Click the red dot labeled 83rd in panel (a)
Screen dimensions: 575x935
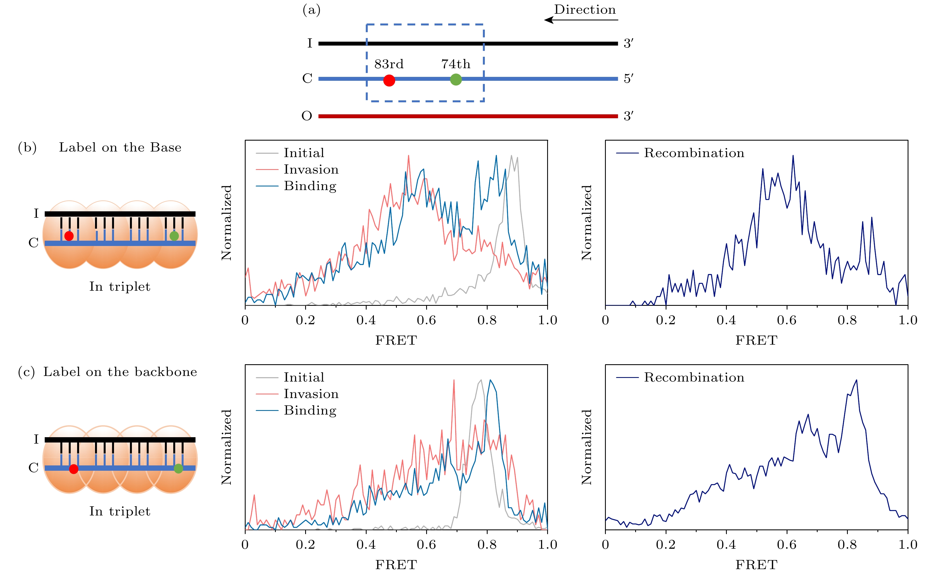pyautogui.click(x=389, y=80)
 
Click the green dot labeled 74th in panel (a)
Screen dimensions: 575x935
pyautogui.click(x=456, y=79)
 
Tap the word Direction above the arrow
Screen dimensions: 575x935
pyautogui.click(x=585, y=10)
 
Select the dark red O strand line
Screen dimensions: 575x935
pyautogui.click(x=467, y=116)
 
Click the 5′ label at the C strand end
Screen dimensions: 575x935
pyautogui.click(x=628, y=79)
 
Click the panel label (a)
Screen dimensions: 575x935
pyautogui.click(x=311, y=10)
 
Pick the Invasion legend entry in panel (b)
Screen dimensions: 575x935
pyautogui.click(x=311, y=169)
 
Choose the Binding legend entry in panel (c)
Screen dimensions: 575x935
pyautogui.click(x=310, y=410)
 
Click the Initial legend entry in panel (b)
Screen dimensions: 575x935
pyautogui.click(x=304, y=153)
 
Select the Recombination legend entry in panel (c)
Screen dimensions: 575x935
pyautogui.click(x=694, y=377)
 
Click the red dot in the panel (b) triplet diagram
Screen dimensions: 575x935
pyautogui.click(x=69, y=236)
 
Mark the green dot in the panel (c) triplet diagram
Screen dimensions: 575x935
pyautogui.click(x=178, y=468)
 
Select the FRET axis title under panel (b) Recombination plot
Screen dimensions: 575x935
pyautogui.click(x=756, y=340)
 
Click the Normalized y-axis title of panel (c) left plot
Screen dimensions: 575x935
pyautogui.click(x=227, y=447)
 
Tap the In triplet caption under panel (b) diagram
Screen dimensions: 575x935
pyautogui.click(x=120, y=286)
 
